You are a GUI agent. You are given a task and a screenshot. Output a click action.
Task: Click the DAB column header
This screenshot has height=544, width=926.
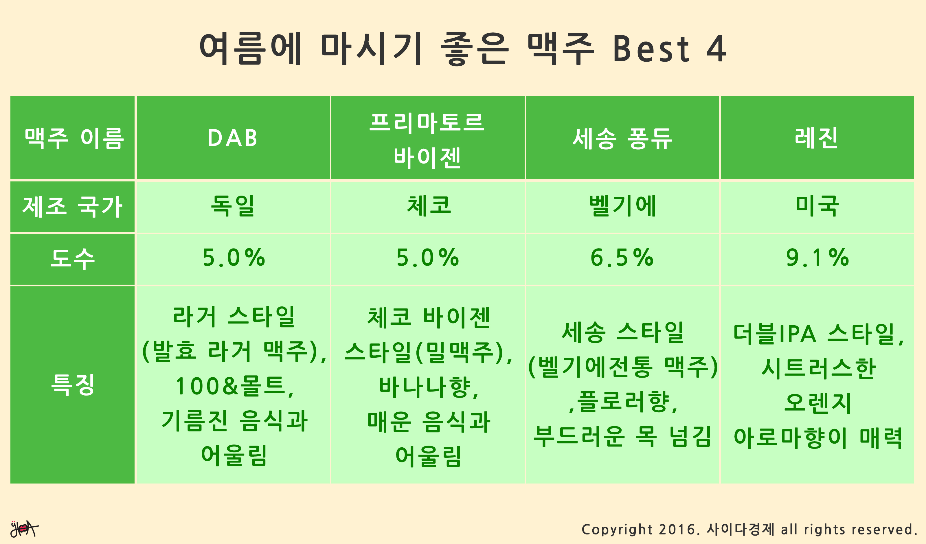point(233,138)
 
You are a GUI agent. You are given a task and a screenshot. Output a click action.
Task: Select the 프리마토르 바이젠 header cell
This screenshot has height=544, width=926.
point(427,138)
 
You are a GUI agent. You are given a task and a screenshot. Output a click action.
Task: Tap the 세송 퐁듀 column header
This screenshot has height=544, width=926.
point(622,138)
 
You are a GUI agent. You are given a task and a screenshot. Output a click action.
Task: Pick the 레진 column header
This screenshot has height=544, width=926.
point(817,138)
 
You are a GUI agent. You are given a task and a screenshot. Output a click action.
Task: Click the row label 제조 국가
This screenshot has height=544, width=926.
point(72,207)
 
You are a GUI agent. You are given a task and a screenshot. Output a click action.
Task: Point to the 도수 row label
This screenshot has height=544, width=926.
point(72,260)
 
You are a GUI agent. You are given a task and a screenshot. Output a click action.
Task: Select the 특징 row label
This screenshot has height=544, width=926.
point(72,385)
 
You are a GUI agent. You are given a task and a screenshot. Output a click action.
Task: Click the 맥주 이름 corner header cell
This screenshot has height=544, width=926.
point(72,138)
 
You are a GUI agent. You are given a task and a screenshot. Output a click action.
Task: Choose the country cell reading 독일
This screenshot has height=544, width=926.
point(233,207)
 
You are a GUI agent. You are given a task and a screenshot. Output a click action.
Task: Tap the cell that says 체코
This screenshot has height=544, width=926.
point(427,207)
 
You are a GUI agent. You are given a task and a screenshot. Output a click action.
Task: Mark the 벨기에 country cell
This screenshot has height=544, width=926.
point(622,207)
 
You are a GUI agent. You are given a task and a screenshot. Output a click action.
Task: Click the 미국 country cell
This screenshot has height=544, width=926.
point(817,207)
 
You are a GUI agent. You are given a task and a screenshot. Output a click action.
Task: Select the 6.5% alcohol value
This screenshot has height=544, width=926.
point(622,258)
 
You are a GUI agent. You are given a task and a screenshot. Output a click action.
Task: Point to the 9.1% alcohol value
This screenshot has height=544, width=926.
point(817,258)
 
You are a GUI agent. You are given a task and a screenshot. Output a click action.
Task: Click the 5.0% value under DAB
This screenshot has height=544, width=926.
point(234,258)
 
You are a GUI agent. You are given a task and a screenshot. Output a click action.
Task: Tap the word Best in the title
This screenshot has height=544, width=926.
point(651,49)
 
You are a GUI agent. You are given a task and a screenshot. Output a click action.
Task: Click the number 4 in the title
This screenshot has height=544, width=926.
point(716,49)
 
